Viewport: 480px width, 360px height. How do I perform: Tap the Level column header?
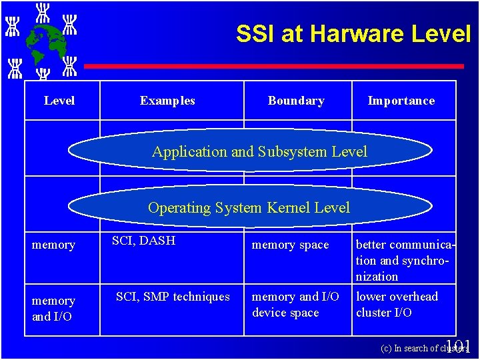(x=59, y=101)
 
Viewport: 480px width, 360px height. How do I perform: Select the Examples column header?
(x=167, y=101)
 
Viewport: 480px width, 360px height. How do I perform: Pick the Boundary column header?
(x=296, y=101)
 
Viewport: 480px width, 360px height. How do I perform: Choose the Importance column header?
(x=401, y=101)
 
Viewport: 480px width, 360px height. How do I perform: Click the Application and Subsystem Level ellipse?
(x=259, y=151)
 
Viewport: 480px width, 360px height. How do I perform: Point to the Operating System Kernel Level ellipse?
(x=249, y=207)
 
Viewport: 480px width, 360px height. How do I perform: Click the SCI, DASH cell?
(x=143, y=241)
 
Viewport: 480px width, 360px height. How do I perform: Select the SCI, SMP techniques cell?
(x=173, y=297)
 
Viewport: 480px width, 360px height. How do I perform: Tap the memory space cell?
(x=290, y=245)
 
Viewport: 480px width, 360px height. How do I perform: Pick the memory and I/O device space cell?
(x=295, y=305)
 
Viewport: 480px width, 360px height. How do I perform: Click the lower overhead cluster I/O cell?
(x=397, y=305)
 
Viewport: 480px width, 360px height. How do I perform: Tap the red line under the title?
(x=273, y=67)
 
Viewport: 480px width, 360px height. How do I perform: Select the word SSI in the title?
(x=255, y=33)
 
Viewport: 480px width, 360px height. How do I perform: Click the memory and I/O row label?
(x=53, y=309)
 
